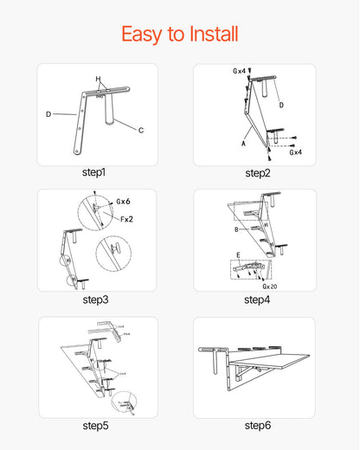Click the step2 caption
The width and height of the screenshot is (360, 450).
tap(258, 173)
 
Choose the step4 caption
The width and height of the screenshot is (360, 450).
tap(258, 299)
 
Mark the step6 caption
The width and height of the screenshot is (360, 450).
tap(258, 425)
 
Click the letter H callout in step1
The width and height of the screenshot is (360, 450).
tap(99, 80)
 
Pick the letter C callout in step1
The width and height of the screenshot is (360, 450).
tap(141, 130)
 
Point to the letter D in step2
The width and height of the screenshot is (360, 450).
tap(281, 105)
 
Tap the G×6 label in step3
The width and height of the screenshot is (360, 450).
tap(123, 201)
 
